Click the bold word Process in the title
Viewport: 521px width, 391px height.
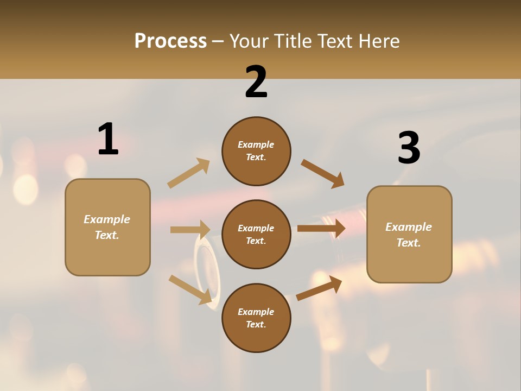tap(170, 41)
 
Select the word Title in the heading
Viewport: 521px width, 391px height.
tap(293, 41)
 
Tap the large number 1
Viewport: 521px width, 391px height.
tap(108, 139)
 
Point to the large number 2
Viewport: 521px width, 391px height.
tap(256, 81)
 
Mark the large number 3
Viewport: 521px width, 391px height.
tap(409, 148)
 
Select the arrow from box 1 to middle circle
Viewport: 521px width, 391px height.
tap(190, 230)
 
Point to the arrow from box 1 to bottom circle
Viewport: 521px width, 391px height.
tap(190, 289)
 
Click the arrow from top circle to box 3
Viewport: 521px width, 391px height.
tap(322, 174)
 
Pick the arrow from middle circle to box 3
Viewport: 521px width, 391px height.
tap(321, 229)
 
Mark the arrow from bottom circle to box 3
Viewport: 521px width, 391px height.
tap(319, 288)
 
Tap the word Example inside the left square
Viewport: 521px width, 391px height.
tap(107, 219)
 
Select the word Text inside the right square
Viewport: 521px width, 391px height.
tap(408, 243)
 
